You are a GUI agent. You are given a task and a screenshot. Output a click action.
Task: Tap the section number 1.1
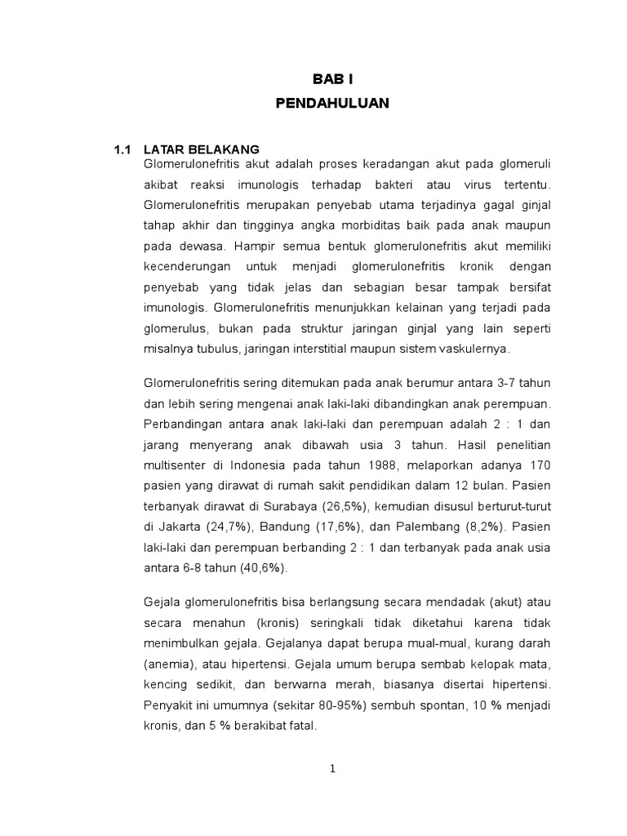click(122, 149)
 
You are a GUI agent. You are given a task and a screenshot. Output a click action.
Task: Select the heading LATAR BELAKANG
click(202, 149)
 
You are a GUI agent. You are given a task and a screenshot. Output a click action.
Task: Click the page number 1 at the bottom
click(333, 768)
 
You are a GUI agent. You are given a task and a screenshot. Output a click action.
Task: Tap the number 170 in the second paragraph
click(540, 465)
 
